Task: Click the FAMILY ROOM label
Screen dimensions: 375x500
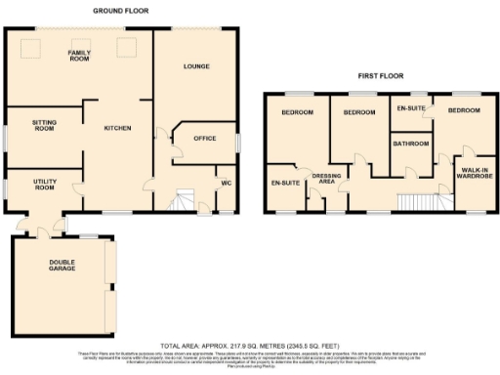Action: click(78, 55)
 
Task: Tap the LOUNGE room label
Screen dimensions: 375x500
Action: click(198, 66)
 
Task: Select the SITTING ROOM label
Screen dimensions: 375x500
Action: click(43, 124)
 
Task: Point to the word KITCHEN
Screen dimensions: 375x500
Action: click(118, 129)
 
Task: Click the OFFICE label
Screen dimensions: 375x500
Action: click(204, 139)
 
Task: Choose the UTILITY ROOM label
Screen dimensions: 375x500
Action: click(45, 187)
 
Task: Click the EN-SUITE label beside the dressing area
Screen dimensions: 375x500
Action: click(285, 182)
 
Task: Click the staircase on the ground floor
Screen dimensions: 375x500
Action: click(181, 202)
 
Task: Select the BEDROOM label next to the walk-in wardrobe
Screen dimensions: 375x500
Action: click(464, 111)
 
